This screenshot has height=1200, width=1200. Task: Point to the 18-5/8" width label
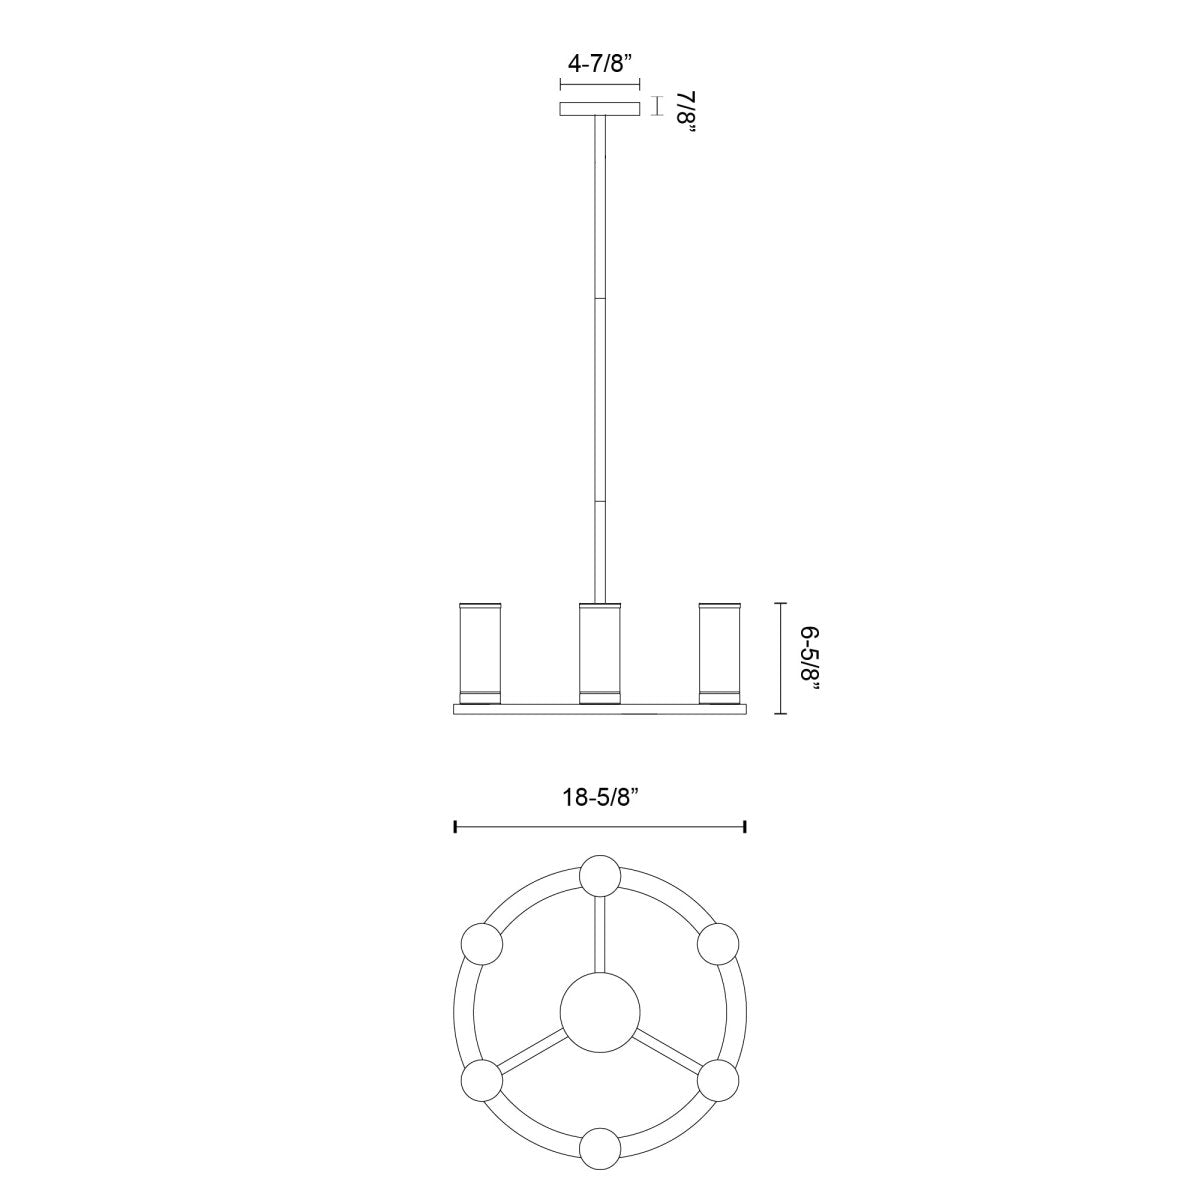(x=600, y=797)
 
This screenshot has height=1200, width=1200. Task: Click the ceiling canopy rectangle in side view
(x=600, y=108)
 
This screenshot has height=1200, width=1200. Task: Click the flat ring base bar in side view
(x=600, y=709)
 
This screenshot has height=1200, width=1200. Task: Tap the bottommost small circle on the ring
(x=600, y=1148)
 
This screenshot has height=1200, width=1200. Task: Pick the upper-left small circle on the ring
(x=481, y=943)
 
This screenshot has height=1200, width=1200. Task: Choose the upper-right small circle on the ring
(x=718, y=943)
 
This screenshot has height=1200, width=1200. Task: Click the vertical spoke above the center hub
(x=600, y=935)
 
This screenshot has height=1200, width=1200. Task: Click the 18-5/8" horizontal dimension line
(x=600, y=826)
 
